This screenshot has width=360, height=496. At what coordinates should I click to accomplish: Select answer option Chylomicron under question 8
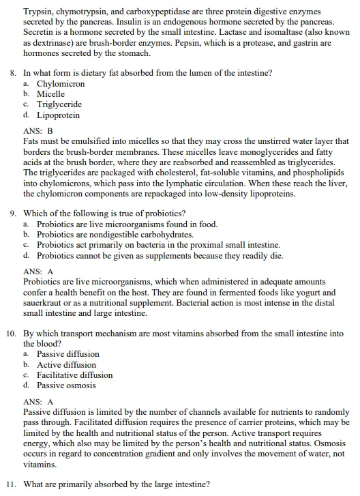click(x=61, y=83)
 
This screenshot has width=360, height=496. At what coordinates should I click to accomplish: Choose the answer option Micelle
click(x=50, y=93)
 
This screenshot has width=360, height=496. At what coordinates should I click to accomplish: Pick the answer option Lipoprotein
click(x=58, y=115)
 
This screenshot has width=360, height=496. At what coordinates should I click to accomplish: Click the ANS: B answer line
click(x=37, y=131)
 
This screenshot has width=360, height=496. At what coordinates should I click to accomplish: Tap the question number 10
click(x=11, y=333)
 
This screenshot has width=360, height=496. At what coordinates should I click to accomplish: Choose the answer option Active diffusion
click(x=65, y=364)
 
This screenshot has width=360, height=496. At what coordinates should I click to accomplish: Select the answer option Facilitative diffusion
click(x=74, y=375)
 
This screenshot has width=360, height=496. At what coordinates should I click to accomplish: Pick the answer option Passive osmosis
click(x=66, y=385)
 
